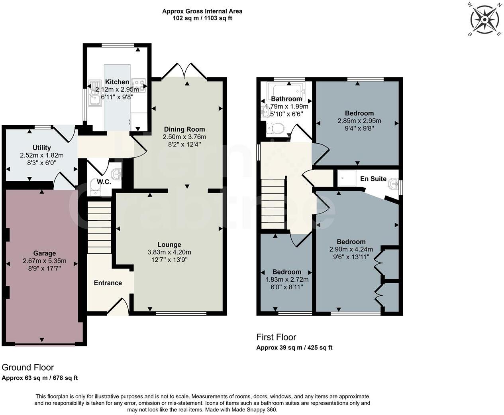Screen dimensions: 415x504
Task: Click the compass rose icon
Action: click(x=484, y=19)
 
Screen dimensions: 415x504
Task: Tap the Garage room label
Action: click(x=44, y=253)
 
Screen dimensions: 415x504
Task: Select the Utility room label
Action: click(x=42, y=148)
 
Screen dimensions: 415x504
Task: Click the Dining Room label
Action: click(x=184, y=129)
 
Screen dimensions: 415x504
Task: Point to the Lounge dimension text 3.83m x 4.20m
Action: click(x=169, y=252)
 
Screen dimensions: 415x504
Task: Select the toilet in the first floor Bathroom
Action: click(x=275, y=129)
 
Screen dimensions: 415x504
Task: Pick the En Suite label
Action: click(x=373, y=179)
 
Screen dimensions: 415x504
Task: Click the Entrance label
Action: click(x=108, y=283)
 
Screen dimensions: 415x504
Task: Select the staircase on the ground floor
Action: click(x=99, y=227)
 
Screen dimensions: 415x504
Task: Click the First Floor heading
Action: click(x=276, y=337)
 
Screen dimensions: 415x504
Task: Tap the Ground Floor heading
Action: click(x=28, y=367)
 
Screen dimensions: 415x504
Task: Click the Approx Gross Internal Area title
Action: click(x=202, y=11)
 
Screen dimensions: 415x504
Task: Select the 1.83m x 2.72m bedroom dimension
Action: click(x=286, y=279)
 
